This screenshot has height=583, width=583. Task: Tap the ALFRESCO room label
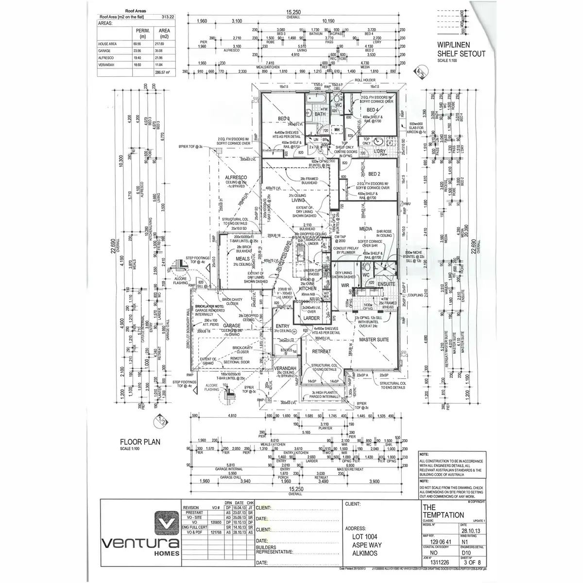click(x=236, y=178)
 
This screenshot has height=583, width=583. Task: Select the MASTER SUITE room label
click(x=374, y=340)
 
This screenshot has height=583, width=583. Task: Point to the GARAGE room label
click(x=232, y=326)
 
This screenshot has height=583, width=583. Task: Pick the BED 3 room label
click(x=284, y=119)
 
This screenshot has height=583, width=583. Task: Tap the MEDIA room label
click(x=365, y=229)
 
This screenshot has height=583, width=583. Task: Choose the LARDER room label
click(x=311, y=318)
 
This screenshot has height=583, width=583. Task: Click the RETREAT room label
click(x=321, y=351)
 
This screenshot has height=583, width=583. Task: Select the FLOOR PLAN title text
click(x=140, y=442)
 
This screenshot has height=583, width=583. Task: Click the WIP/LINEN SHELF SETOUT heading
click(x=461, y=50)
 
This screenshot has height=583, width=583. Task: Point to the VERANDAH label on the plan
click(x=285, y=368)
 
